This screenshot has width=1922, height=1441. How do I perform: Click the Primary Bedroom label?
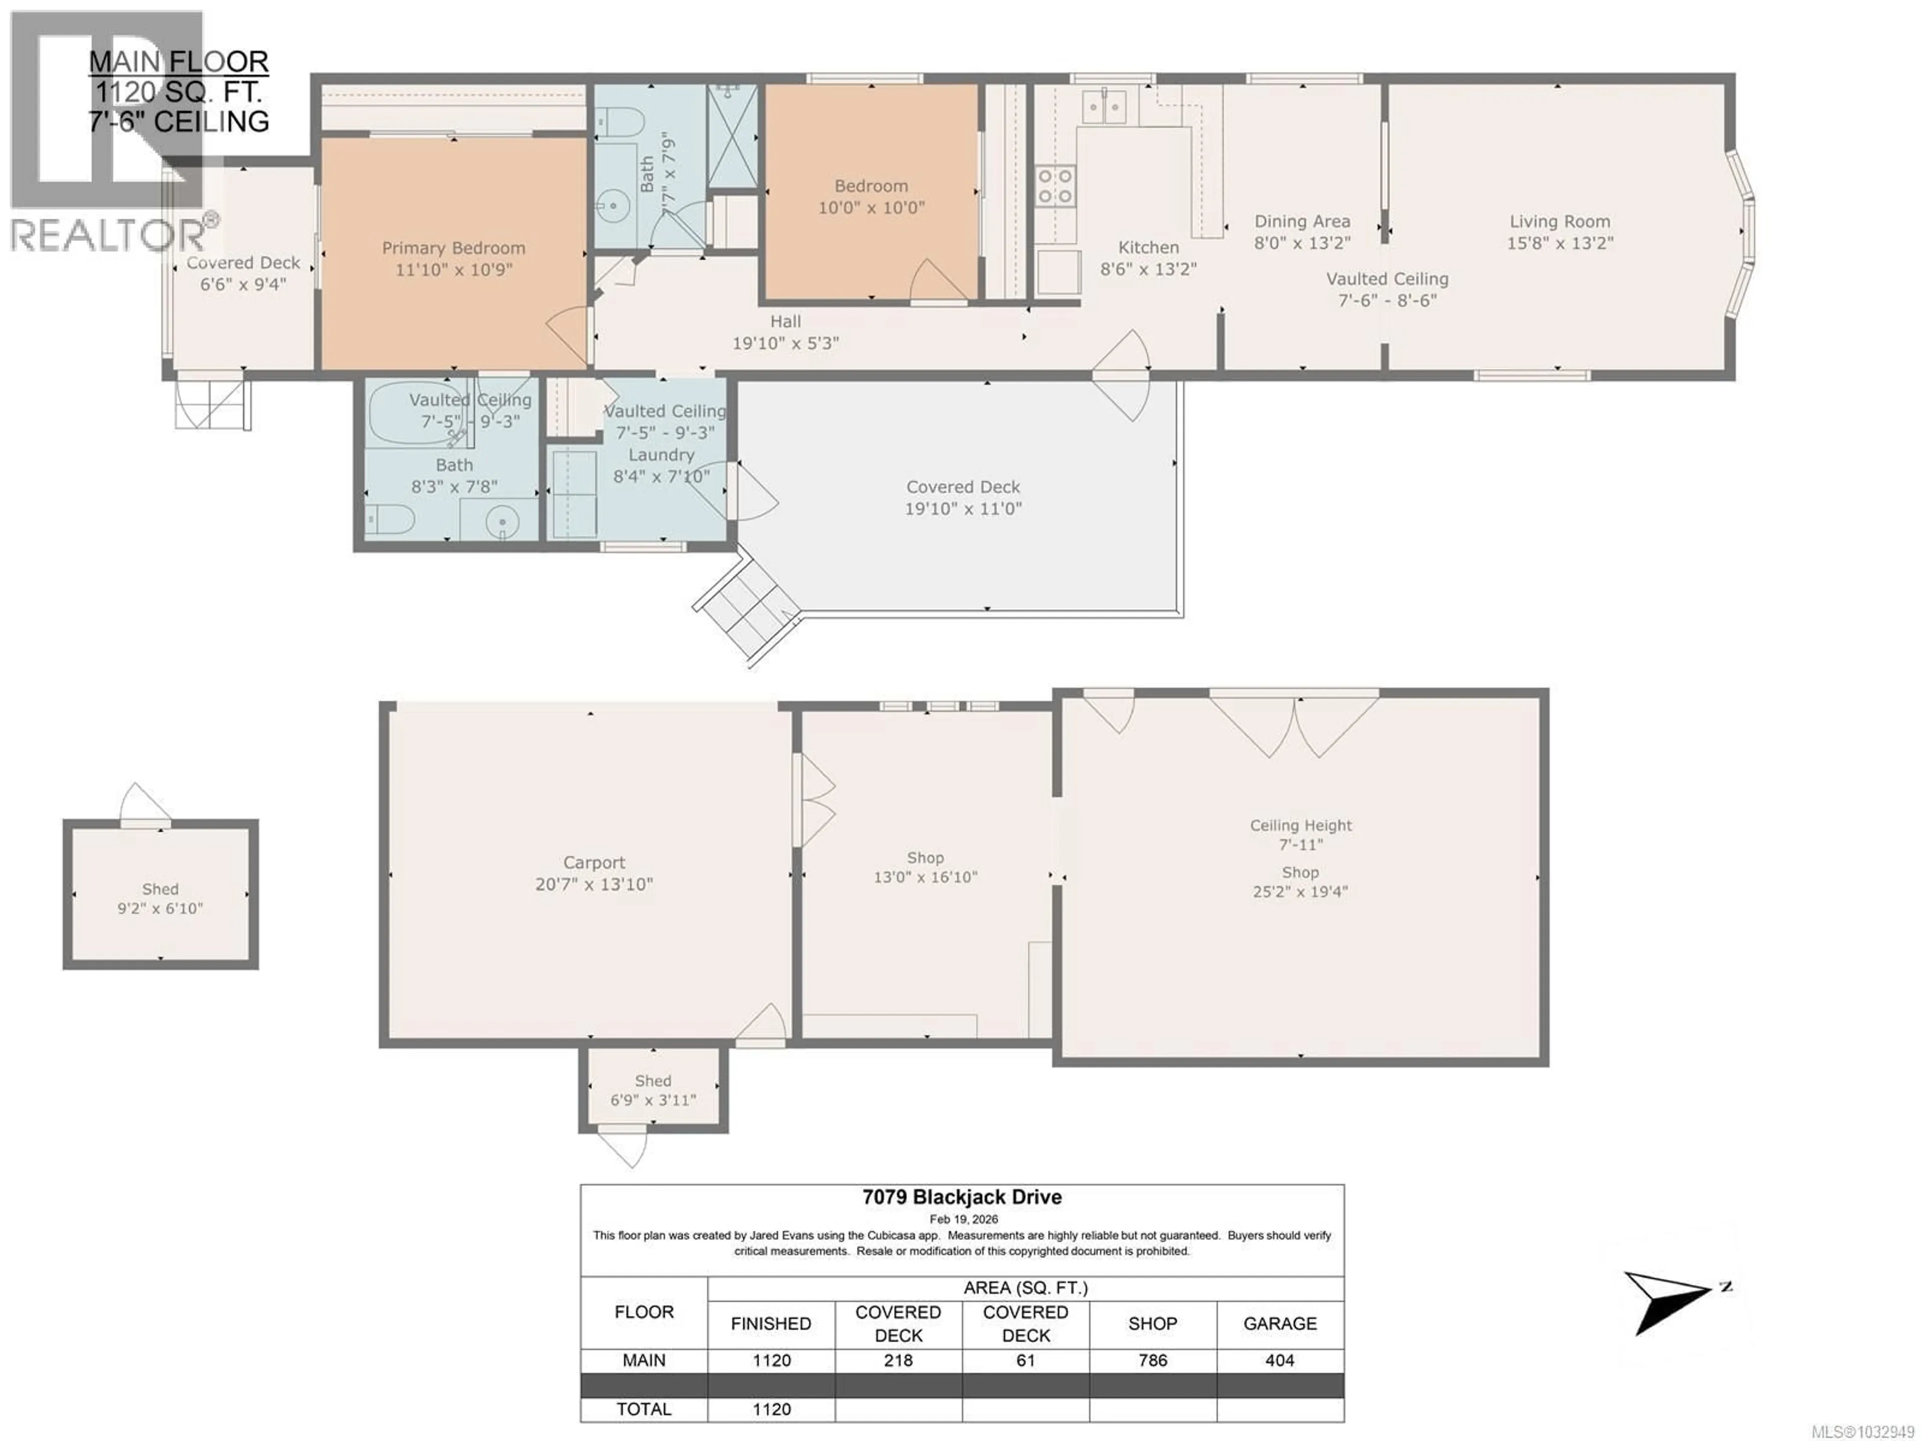point(453,249)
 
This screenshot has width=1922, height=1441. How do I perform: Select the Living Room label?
point(1560,222)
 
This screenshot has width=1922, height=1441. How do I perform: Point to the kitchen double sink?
point(1104,108)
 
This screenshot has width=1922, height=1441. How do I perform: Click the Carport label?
point(594,862)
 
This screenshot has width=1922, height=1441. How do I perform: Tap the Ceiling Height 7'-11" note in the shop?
point(1301,834)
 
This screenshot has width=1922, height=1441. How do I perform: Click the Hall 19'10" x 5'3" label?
point(785,332)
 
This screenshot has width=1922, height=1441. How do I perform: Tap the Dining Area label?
point(1302,222)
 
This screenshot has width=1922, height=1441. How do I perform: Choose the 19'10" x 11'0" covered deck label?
point(963,509)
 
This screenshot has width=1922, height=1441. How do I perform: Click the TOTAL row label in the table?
point(644,1409)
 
